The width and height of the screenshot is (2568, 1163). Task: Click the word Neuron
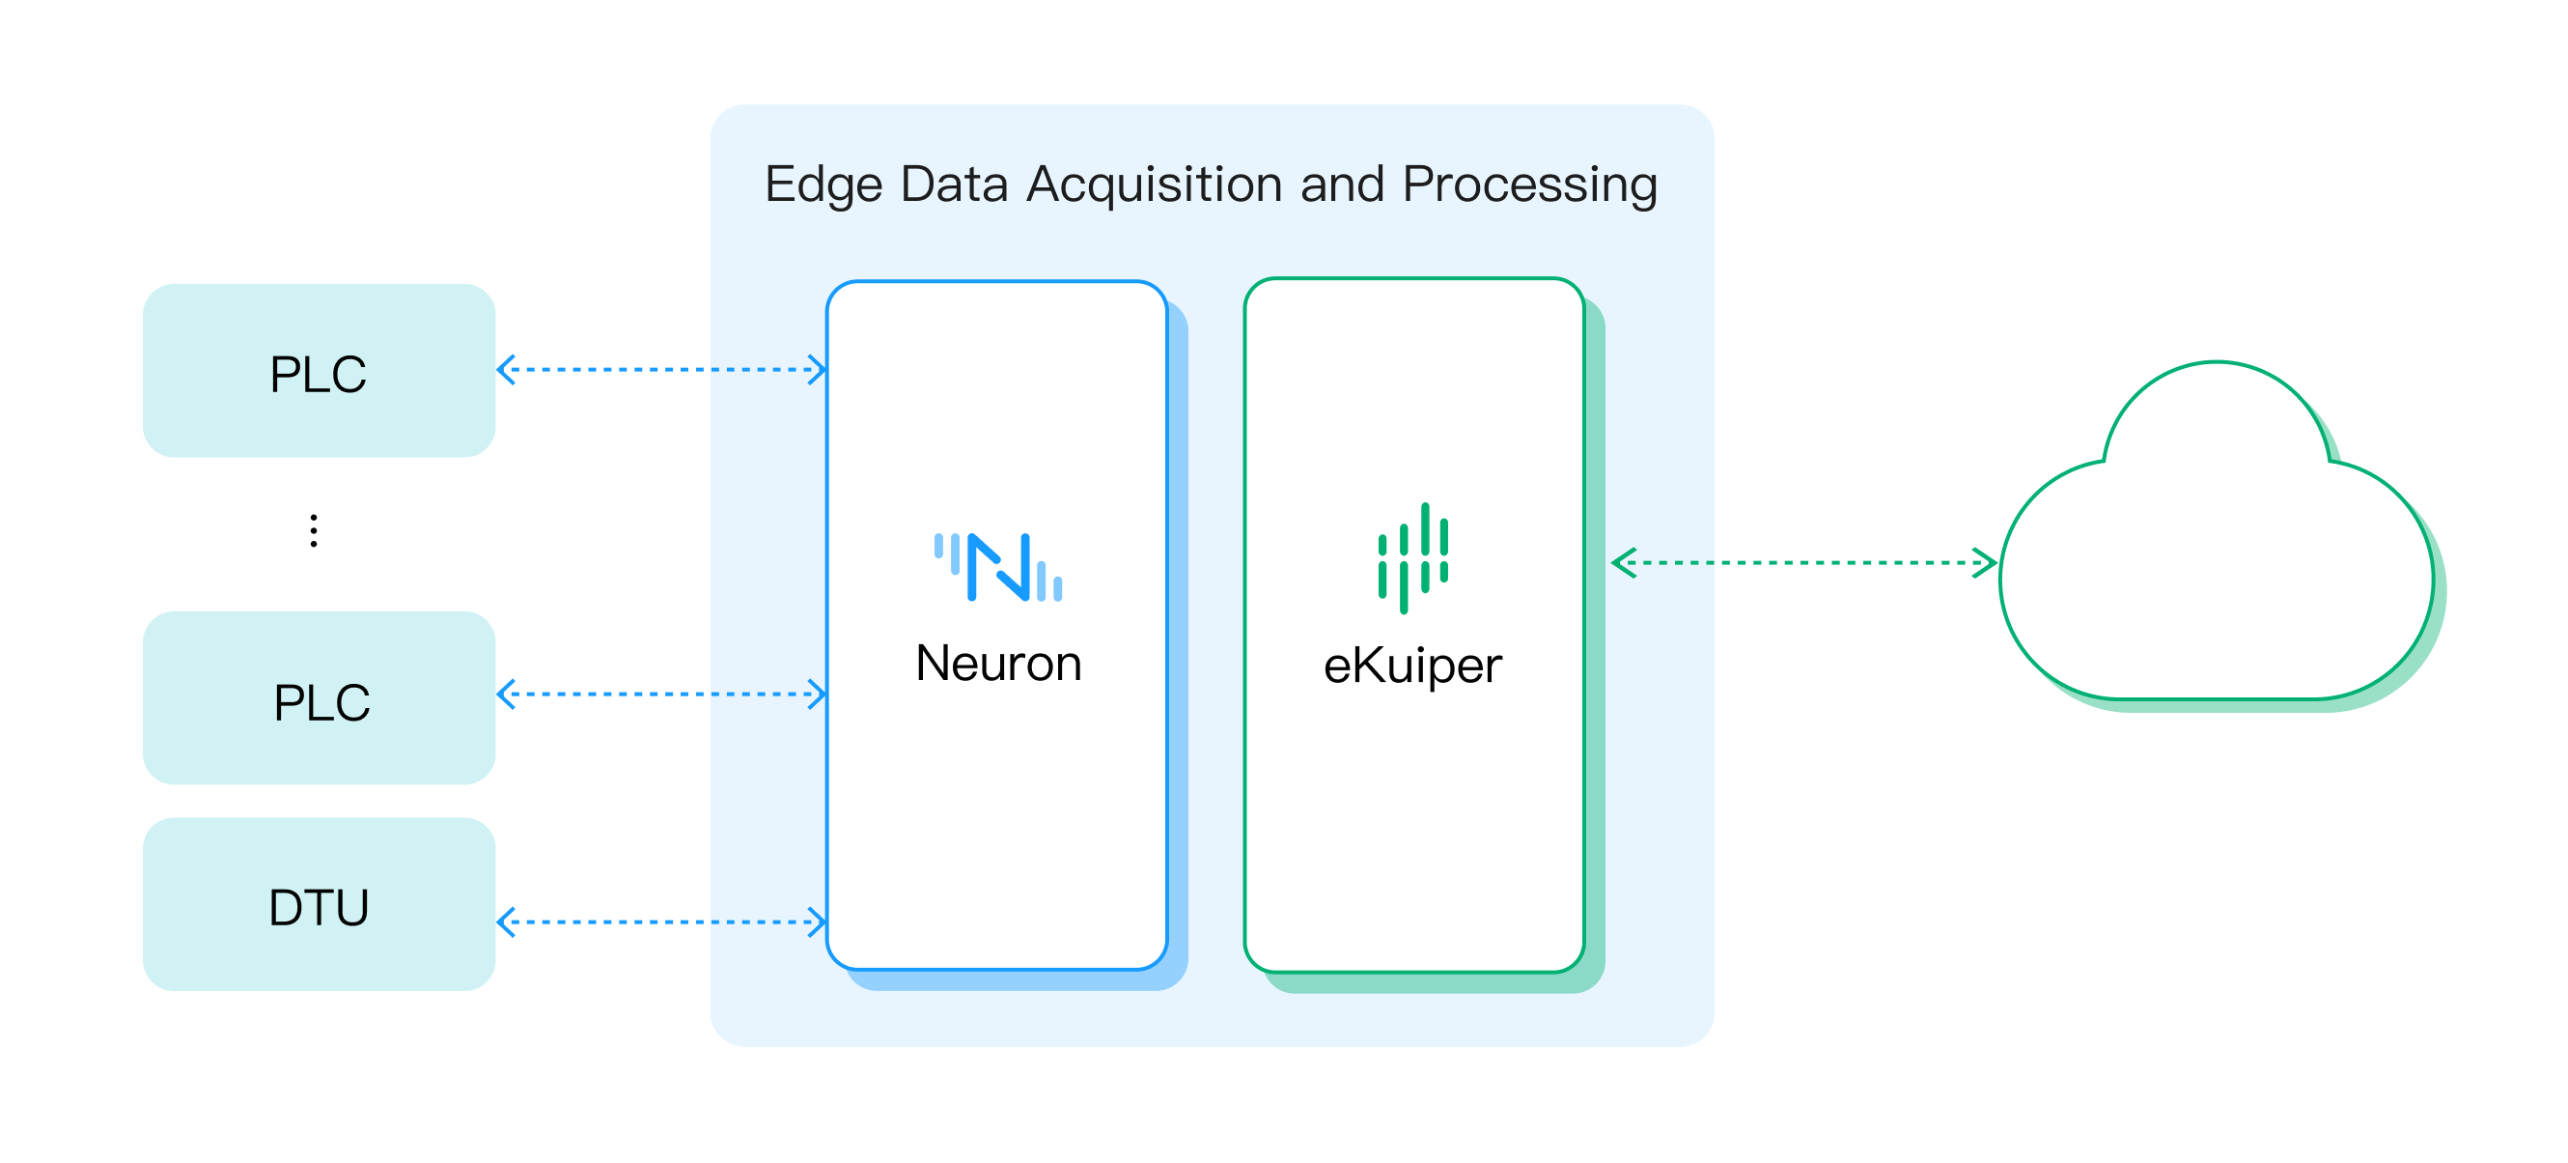998,665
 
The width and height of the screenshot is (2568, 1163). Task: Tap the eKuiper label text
1411,667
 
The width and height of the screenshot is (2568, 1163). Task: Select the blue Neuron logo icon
998,568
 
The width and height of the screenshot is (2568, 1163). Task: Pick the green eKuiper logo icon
1412,557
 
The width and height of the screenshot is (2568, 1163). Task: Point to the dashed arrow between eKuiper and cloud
1804,562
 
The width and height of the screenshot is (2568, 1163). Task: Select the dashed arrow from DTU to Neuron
661,922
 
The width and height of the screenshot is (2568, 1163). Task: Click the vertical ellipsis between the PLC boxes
314,530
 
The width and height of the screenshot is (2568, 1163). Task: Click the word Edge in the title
823,185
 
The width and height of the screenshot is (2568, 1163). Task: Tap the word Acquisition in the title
1155,185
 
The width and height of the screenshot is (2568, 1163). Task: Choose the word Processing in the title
1529,185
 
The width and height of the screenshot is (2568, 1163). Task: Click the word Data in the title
954,185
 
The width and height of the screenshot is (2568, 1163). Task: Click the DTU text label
319,908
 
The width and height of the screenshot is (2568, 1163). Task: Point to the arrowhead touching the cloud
1985,562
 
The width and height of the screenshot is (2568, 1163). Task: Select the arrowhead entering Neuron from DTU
817,922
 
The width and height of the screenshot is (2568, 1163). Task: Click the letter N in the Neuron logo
998,568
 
